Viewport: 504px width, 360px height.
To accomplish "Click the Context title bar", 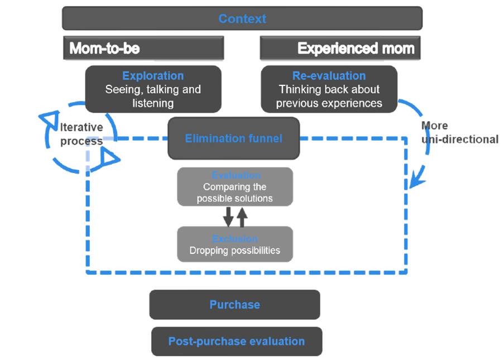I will (x=242, y=18).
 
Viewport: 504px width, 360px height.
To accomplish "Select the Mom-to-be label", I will (x=104, y=49).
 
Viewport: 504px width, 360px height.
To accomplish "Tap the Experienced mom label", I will (x=356, y=49).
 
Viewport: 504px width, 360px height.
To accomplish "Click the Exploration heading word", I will (x=153, y=76).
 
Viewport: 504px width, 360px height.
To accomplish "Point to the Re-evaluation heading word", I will (x=329, y=76).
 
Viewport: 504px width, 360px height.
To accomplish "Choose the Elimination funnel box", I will (x=233, y=138).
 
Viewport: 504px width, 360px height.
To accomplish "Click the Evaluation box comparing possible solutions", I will (x=234, y=187).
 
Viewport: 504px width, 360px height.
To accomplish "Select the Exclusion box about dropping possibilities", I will (x=234, y=244).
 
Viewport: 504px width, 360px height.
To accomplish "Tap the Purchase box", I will (x=234, y=305).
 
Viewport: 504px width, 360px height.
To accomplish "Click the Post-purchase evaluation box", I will (x=237, y=342).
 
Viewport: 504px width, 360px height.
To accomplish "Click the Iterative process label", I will (x=82, y=135).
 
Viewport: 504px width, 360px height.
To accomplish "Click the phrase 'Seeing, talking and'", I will (x=153, y=89).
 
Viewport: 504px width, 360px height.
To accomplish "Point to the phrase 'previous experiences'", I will (x=329, y=103).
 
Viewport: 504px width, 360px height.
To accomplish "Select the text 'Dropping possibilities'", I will (x=234, y=251).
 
